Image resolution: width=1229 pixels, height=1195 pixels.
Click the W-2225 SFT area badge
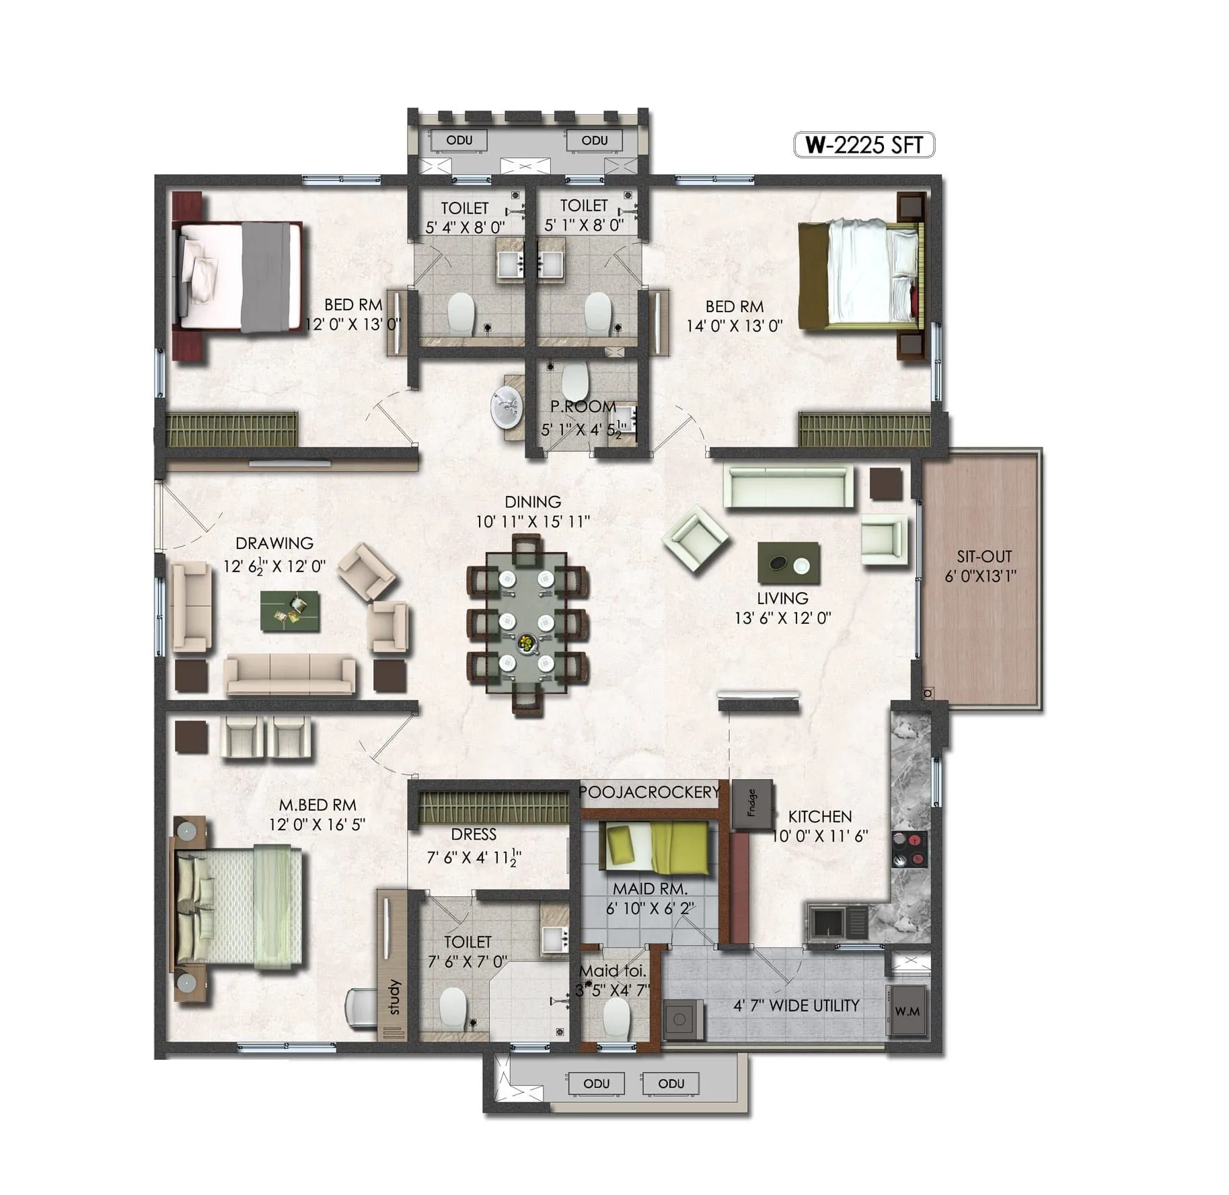pyautogui.click(x=863, y=145)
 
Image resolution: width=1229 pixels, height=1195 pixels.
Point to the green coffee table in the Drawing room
pyautogui.click(x=291, y=610)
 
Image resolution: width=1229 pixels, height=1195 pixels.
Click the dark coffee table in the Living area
pyautogui.click(x=788, y=563)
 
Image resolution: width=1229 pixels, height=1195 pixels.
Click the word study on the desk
pyautogui.click(x=395, y=997)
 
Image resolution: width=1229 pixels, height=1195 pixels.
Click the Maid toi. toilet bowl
pyautogui.click(x=616, y=1018)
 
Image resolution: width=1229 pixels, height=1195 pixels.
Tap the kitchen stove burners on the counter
pyautogui.click(x=909, y=849)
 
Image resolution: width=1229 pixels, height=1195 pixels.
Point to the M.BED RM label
pyautogui.click(x=318, y=805)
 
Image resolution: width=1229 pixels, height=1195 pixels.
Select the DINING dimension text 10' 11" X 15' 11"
pyautogui.click(x=533, y=521)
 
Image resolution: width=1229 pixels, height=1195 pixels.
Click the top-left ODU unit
pyautogui.click(x=459, y=141)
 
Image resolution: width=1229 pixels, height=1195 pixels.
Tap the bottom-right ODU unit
pyautogui.click(x=671, y=1083)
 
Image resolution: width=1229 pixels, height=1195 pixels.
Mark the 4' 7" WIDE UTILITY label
pyautogui.click(x=796, y=1005)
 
